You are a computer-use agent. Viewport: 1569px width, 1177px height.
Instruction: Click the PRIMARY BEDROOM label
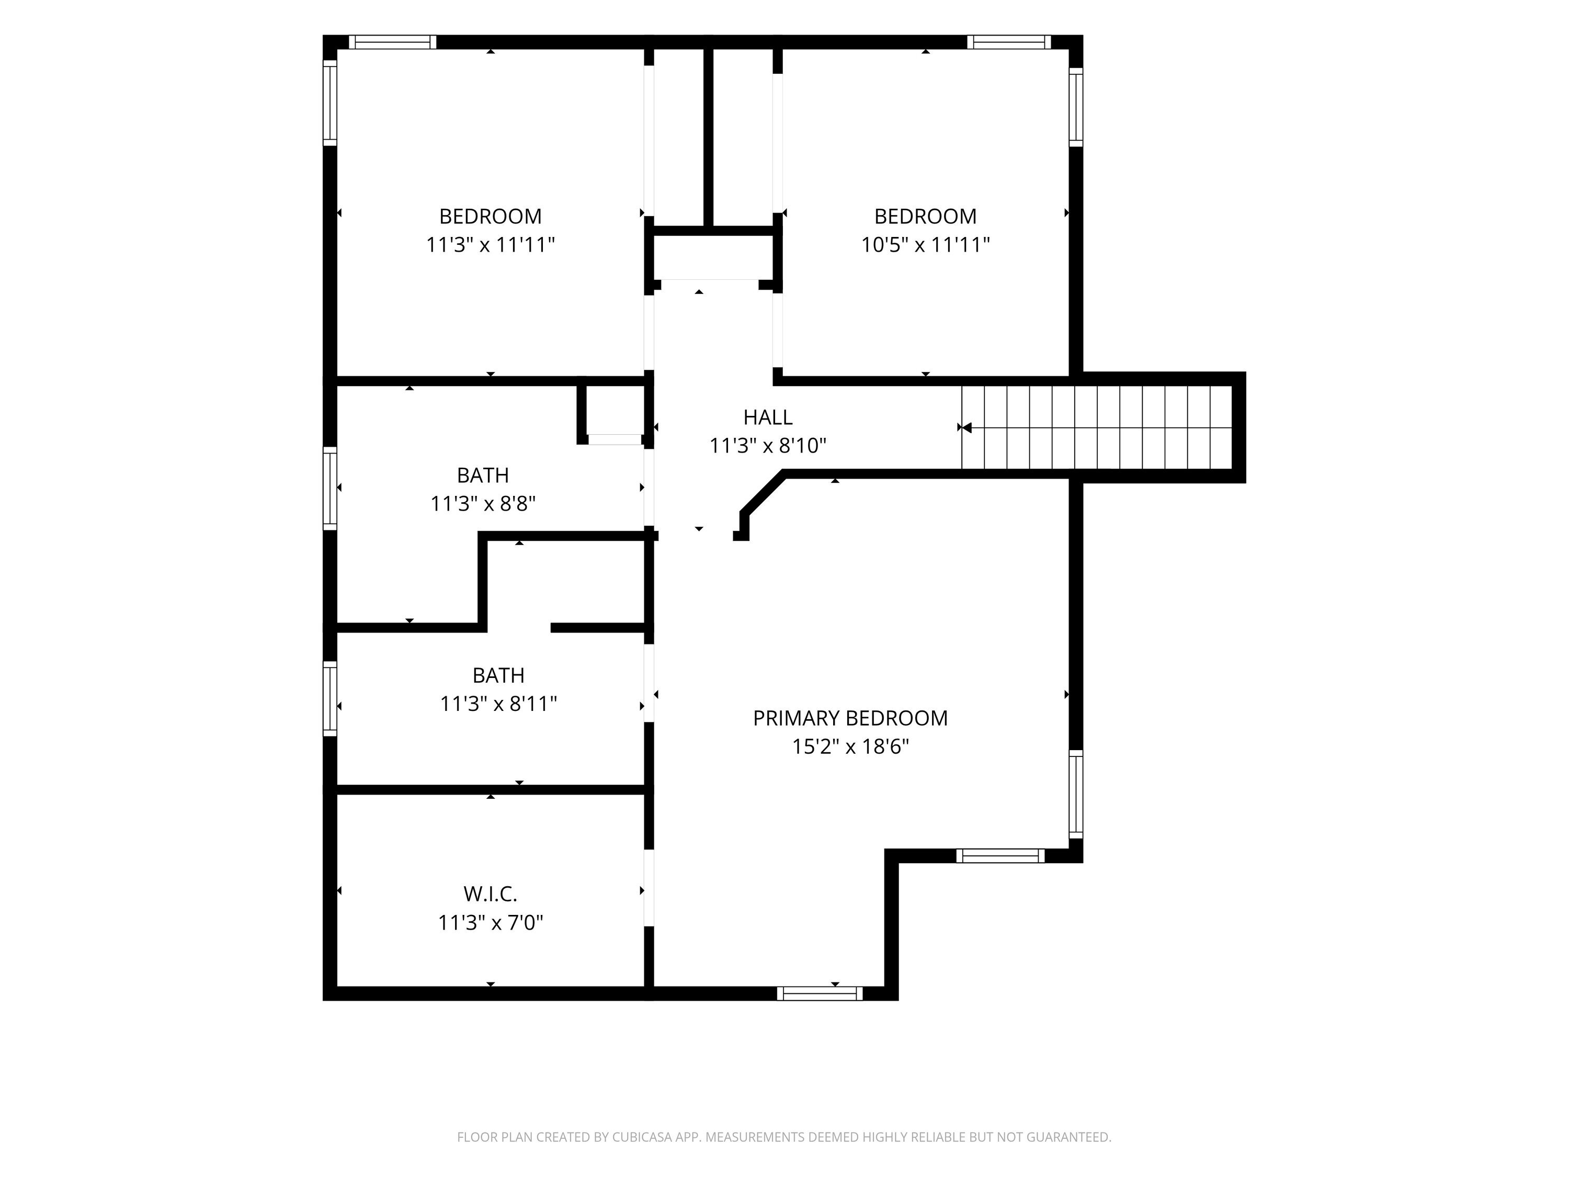pyautogui.click(x=850, y=718)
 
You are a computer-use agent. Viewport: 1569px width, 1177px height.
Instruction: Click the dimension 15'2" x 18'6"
pyautogui.click(x=850, y=746)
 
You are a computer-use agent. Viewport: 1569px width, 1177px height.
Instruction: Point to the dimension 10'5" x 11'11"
pyautogui.click(x=925, y=245)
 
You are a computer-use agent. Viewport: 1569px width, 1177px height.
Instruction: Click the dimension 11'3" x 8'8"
pyautogui.click(x=483, y=504)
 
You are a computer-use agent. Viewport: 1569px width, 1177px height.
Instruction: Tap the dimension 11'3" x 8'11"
pyautogui.click(x=498, y=704)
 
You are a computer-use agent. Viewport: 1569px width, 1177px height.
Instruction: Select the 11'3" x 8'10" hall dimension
pyautogui.click(x=768, y=446)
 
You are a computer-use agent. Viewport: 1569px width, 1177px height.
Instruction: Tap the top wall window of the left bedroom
pyautogui.click(x=392, y=42)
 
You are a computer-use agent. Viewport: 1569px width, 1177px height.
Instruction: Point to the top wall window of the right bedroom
pyautogui.click(x=1009, y=42)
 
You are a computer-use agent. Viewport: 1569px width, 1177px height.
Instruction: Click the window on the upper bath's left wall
pyautogui.click(x=330, y=488)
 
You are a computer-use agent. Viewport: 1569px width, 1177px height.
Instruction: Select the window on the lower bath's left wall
pyautogui.click(x=330, y=699)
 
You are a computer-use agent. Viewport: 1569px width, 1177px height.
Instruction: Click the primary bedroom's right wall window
pyautogui.click(x=1076, y=794)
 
